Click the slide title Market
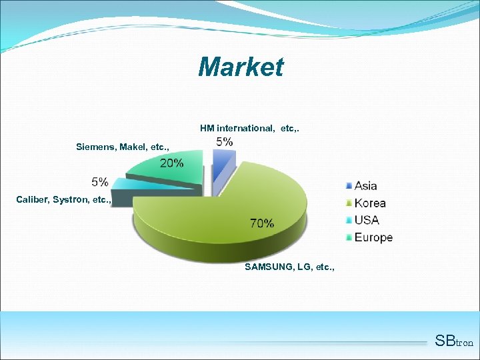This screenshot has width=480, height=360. (241, 67)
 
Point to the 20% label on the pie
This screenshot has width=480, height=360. (171, 163)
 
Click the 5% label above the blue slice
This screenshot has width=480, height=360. (225, 141)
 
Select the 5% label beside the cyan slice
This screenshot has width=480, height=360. (100, 181)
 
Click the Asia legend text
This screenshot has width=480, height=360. (365, 186)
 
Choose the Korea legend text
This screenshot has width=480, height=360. (370, 203)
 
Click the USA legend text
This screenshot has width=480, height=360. (367, 220)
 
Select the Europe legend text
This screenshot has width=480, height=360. (373, 237)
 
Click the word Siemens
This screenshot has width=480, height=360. (96, 146)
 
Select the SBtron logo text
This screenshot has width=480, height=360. (453, 341)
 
